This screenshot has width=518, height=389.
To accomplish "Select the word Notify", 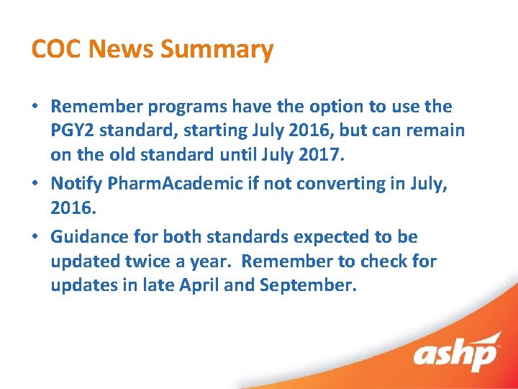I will [x=76, y=184].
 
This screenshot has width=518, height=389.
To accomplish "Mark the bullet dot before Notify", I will [x=35, y=184].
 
